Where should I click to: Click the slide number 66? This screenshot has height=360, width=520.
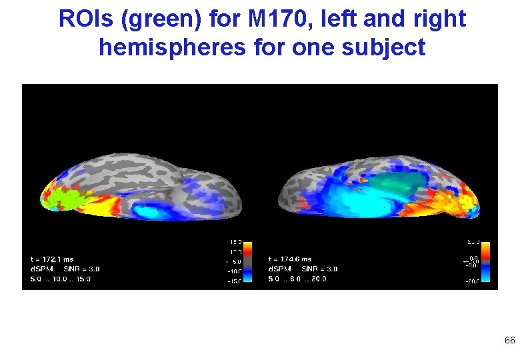[509, 341]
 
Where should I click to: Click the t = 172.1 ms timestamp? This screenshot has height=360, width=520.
[53, 259]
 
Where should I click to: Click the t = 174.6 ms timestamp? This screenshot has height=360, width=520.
[290, 259]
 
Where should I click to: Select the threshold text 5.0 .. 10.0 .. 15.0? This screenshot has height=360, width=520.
[61, 279]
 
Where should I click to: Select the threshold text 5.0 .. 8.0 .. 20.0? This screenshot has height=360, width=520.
[297, 279]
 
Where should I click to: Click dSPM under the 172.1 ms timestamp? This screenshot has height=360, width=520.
[41, 269]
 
